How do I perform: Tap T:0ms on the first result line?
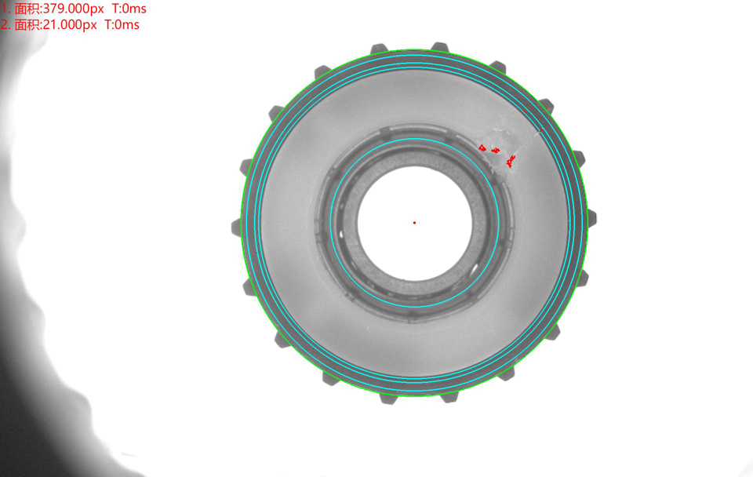[x=129, y=9]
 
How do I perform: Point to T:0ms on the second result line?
[x=122, y=24]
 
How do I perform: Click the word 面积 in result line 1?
[x=27, y=9]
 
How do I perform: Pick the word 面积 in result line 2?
[x=27, y=24]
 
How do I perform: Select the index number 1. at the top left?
[x=5, y=9]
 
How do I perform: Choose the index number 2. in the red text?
[x=5, y=24]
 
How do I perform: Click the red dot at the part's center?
[x=414, y=223]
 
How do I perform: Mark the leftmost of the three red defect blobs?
[x=482, y=148]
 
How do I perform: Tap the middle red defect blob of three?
[x=496, y=151]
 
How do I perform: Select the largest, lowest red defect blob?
[x=511, y=162]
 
